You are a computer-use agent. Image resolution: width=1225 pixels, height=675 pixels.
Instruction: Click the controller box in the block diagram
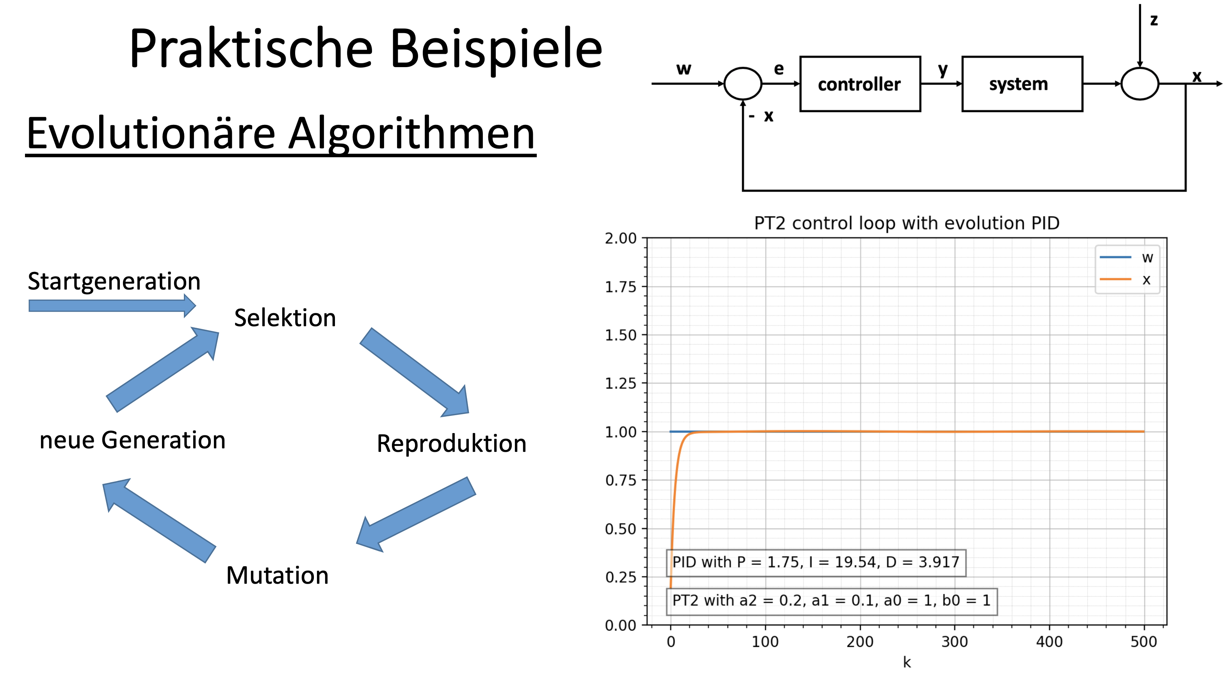pyautogui.click(x=860, y=84)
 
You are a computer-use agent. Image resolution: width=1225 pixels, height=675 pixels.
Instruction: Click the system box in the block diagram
pyautogui.click(x=1022, y=84)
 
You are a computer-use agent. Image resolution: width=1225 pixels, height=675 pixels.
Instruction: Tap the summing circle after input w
pyautogui.click(x=742, y=83)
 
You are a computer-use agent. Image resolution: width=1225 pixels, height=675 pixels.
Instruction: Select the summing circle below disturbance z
pyautogui.click(x=1140, y=83)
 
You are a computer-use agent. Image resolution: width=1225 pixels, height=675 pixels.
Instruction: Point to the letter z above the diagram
pyautogui.click(x=1154, y=20)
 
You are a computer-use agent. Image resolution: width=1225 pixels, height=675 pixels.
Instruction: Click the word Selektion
pyautogui.click(x=285, y=318)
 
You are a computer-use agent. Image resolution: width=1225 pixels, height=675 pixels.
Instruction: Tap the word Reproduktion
pyautogui.click(x=451, y=444)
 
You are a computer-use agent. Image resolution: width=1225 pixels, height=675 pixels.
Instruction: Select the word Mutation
pyautogui.click(x=277, y=575)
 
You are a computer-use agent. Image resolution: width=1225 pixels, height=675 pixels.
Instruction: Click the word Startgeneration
pyautogui.click(x=114, y=281)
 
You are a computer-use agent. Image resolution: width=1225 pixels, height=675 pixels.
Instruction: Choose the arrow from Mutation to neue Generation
pyautogui.click(x=159, y=520)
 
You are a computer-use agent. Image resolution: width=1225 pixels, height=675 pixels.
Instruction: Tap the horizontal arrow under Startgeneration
pyautogui.click(x=112, y=306)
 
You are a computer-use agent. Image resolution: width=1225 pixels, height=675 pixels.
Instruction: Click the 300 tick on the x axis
pyautogui.click(x=954, y=642)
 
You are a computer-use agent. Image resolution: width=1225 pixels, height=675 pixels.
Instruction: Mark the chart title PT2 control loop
pyautogui.click(x=906, y=223)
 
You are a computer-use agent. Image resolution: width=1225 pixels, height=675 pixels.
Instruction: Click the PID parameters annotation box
pyautogui.click(x=815, y=562)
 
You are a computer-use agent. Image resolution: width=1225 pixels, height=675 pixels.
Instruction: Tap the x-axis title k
pyautogui.click(x=907, y=662)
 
